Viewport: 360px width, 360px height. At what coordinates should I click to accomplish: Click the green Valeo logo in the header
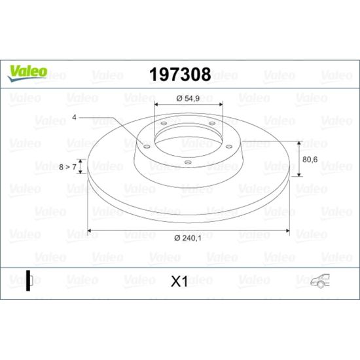[27, 73]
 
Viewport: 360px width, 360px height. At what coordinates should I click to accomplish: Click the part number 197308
[180, 75]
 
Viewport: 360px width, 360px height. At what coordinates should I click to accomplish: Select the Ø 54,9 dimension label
[188, 98]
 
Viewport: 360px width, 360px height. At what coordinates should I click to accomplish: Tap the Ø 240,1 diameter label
[188, 238]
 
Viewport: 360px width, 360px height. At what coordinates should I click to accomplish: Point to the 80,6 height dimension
[310, 159]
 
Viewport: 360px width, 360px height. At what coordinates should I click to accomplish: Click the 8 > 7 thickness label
[67, 167]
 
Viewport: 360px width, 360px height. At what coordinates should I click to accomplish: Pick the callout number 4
[74, 117]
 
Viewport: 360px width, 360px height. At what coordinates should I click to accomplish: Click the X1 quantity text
[179, 281]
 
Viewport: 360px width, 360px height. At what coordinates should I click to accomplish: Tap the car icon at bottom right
[320, 281]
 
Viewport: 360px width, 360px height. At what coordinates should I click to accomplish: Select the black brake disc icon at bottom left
[29, 281]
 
